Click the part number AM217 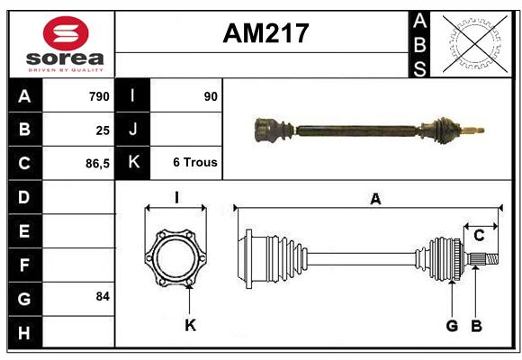[265, 33]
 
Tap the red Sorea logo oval [66, 33]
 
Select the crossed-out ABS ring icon [475, 43]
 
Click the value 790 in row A [99, 96]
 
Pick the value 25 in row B [103, 130]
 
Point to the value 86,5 [97, 164]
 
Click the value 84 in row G [103, 296]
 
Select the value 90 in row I [211, 96]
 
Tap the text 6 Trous [195, 162]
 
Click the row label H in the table [24, 333]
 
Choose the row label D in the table [24, 197]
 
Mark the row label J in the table [133, 129]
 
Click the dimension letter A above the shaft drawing [375, 199]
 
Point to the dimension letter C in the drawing [479, 236]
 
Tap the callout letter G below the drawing [452, 326]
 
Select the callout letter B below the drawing [476, 326]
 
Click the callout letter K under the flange [191, 325]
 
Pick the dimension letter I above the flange [176, 197]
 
